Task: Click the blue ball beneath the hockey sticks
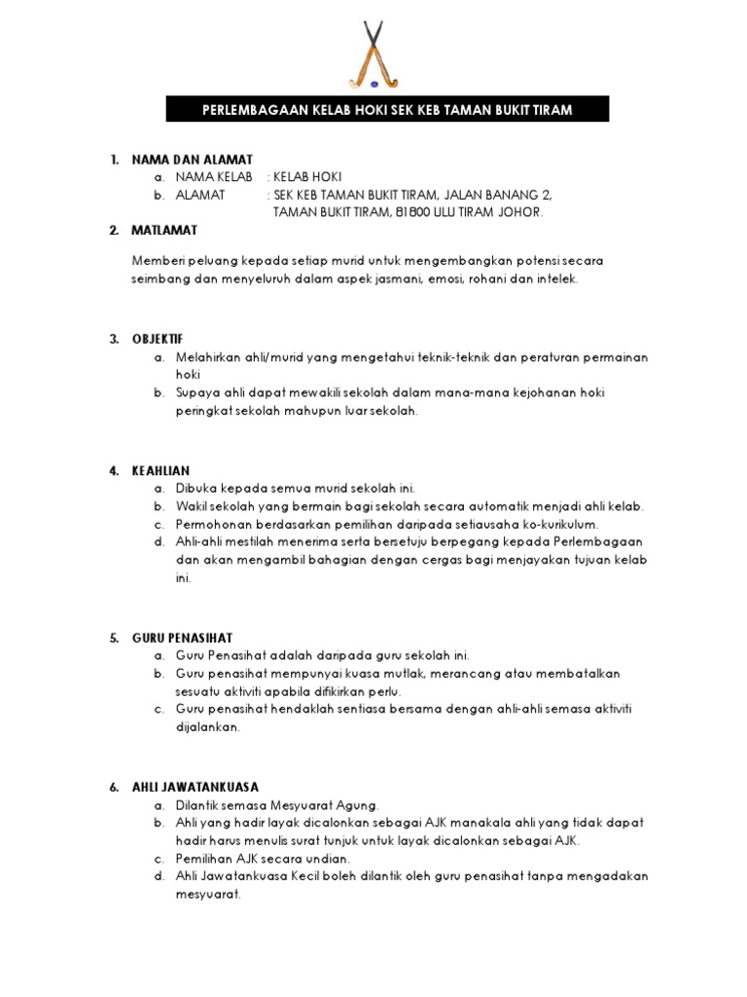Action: pos(374,84)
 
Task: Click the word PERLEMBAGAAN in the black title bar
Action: pos(249,110)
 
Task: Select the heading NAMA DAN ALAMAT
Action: pos(193,159)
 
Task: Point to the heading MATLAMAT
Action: pos(164,230)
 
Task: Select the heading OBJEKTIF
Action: pos(158,339)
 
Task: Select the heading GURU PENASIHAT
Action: pos(182,638)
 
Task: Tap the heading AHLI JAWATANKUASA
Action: pos(196,787)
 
